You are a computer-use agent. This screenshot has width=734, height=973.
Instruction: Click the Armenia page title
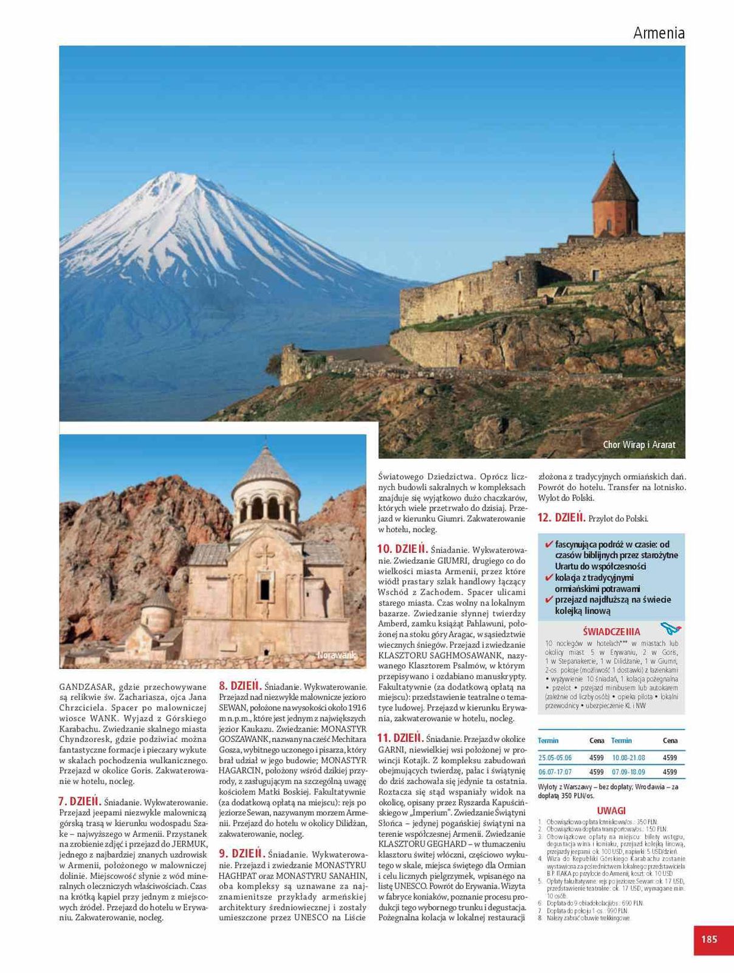pos(659,33)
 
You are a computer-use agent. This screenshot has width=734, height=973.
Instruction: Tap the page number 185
pos(709,939)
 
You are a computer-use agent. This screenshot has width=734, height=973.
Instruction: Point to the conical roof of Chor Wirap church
pos(614,182)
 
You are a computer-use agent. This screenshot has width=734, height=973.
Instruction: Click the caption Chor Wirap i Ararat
pos(639,445)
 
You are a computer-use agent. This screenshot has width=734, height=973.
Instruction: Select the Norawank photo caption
pos(336,655)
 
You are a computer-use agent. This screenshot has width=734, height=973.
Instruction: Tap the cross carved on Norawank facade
pos(264,554)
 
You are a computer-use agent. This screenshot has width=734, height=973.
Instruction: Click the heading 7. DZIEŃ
pos(80,802)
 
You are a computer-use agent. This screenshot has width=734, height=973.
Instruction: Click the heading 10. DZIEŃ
pos(402,549)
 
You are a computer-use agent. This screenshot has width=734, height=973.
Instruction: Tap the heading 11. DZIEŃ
pos(400,738)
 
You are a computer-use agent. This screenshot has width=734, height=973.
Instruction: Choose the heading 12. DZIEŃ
pos(561,518)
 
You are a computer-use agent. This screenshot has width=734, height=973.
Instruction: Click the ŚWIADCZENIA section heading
pos(611,631)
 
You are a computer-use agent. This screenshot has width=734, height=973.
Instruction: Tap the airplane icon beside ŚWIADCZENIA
pos(670,628)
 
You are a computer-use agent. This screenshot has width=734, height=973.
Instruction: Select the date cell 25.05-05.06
pos(555,758)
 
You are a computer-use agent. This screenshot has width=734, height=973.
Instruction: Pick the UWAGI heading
pos(611,811)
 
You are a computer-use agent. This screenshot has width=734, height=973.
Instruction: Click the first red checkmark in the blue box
pos(549,544)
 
